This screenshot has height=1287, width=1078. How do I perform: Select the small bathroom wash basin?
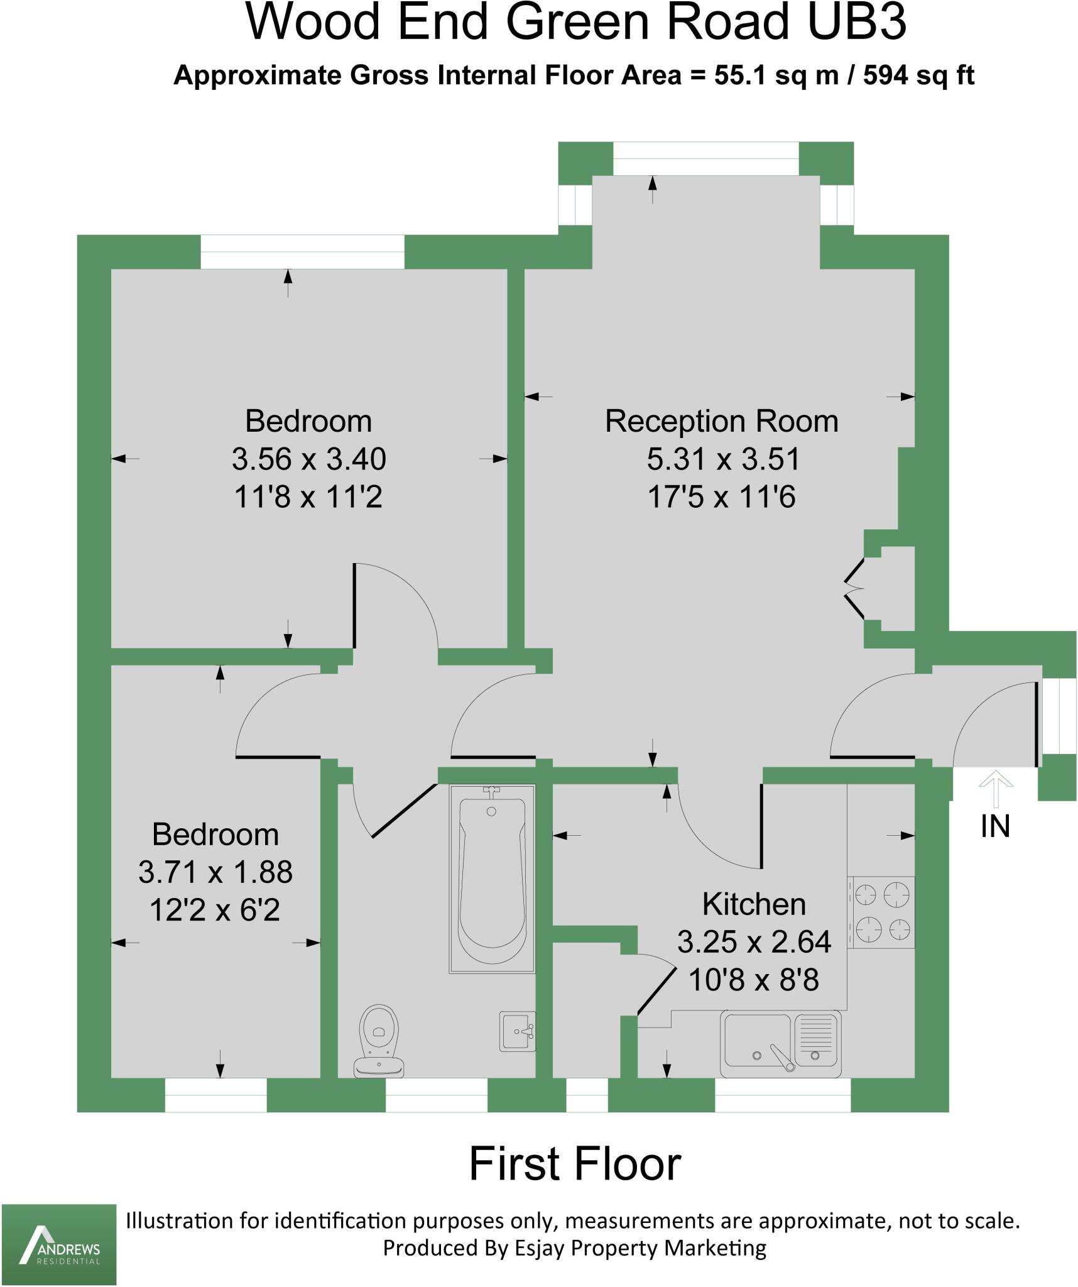[x=517, y=1031]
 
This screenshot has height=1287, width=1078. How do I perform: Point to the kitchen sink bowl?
[x=757, y=1040]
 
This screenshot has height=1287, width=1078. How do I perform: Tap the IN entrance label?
[x=995, y=826]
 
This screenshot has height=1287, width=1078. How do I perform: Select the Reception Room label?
[x=721, y=421]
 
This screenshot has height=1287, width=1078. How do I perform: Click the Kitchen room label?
[x=754, y=904]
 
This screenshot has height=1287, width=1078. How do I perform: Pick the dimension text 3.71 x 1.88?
[x=215, y=872]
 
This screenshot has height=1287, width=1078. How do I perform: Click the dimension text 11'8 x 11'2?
[x=308, y=497]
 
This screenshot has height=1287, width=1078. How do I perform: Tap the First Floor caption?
[x=575, y=1164]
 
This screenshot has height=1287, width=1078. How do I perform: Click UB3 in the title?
[x=857, y=23]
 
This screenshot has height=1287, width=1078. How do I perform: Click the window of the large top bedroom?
[x=302, y=252]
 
